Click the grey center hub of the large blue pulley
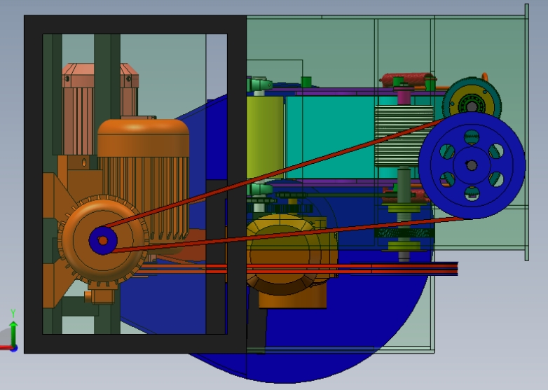(x=472, y=165)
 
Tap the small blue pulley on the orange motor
(x=103, y=241)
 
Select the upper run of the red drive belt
(x=274, y=174)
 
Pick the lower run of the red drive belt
(x=288, y=234)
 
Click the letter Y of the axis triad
(x=13, y=313)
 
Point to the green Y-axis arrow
(x=13, y=333)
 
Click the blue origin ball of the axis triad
(x=14, y=348)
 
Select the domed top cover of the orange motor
(x=143, y=137)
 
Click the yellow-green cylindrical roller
(x=265, y=137)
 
